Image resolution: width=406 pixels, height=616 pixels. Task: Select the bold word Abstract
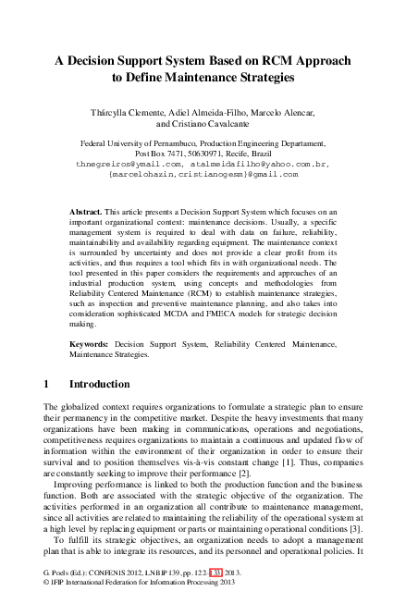(x=85, y=212)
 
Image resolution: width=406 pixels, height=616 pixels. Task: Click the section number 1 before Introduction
(x=46, y=383)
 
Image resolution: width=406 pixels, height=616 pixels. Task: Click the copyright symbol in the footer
(x=47, y=608)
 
